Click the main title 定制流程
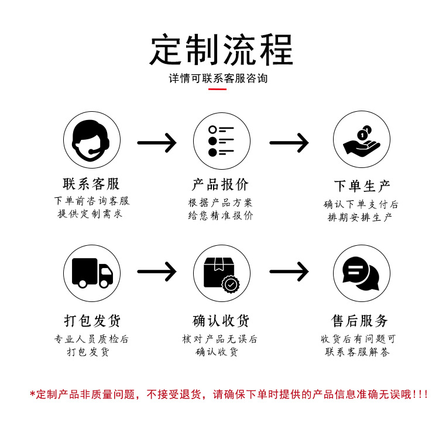tap(221, 49)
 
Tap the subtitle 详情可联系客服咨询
tap(218, 78)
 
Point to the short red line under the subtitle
tap(218, 89)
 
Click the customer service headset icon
tap(92, 141)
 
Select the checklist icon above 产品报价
tap(222, 141)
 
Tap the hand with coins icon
tap(362, 141)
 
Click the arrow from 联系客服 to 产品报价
tap(156, 142)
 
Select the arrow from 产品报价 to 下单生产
tap(289, 142)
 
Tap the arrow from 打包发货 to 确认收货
tap(156, 271)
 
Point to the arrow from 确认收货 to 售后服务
tap(289, 271)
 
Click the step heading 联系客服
tap(91, 184)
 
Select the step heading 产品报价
tap(221, 184)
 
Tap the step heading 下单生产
tap(362, 187)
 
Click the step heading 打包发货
tap(92, 321)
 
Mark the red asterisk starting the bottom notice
tap(32, 393)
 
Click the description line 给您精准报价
tap(221, 215)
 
